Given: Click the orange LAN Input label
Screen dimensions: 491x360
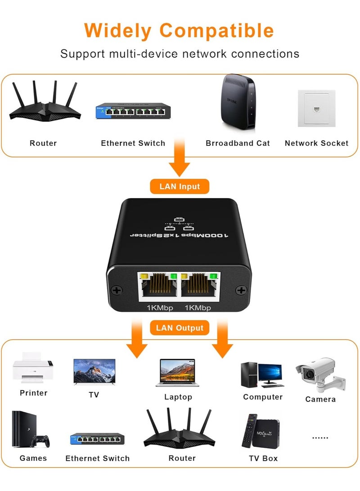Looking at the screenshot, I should coord(180,186).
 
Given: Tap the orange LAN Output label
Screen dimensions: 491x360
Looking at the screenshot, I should coord(180,328).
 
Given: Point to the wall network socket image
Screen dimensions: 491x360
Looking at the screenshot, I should coord(316,108).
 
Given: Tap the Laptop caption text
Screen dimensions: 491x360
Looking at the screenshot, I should coord(178,397).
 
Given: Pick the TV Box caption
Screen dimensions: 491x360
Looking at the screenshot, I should coord(263,458).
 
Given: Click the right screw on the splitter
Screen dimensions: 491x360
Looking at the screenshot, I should coord(241,291).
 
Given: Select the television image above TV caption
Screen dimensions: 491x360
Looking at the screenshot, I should coord(94,372).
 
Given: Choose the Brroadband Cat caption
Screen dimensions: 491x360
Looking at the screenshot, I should coord(238,143).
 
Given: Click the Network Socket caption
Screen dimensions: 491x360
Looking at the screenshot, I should coord(316,143).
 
